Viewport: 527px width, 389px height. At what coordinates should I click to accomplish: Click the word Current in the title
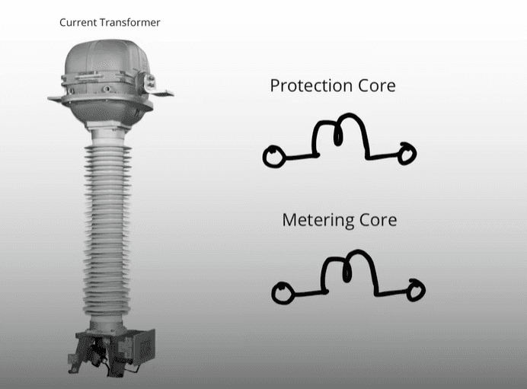click(78, 23)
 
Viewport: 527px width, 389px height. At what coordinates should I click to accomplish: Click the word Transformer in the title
click(130, 23)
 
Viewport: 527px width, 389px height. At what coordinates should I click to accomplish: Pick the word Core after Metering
click(378, 220)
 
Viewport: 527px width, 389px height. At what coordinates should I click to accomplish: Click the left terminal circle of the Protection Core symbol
click(274, 156)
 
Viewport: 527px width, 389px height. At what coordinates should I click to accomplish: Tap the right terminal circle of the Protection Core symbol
click(407, 154)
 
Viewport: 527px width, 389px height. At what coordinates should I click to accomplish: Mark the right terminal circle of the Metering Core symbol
click(416, 290)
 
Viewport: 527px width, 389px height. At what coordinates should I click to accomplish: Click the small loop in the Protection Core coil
click(338, 134)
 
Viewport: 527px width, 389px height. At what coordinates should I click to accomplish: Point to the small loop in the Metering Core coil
click(347, 269)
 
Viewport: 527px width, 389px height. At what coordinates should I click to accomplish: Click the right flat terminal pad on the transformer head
click(162, 93)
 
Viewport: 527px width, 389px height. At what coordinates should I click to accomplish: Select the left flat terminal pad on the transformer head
click(55, 99)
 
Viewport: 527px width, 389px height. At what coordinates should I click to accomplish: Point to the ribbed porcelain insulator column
click(107, 231)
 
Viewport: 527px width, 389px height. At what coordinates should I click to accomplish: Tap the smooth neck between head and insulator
click(107, 137)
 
